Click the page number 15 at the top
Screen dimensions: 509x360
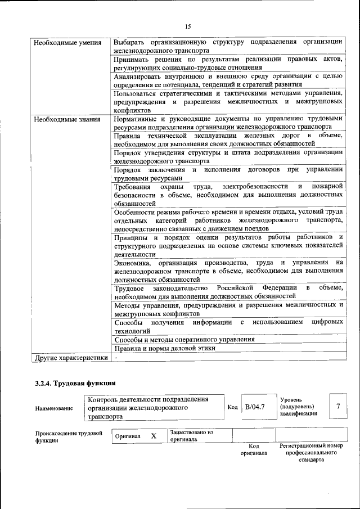point(188,26)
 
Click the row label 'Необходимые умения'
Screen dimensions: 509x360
point(67,43)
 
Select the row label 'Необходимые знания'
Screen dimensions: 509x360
point(66,119)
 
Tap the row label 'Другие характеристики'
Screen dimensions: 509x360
point(71,357)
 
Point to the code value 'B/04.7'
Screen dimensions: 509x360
point(254,406)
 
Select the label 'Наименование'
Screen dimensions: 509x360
point(53,408)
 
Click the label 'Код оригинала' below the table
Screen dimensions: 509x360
point(254,449)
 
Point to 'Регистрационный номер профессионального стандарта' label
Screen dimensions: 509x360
point(311,452)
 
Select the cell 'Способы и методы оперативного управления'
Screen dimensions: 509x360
point(184,339)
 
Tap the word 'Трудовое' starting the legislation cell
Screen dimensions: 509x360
point(129,288)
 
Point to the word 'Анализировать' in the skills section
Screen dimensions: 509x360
point(139,76)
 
